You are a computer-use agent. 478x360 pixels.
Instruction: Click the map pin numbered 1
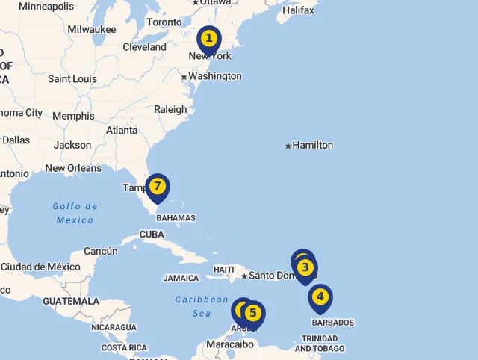tap(209, 39)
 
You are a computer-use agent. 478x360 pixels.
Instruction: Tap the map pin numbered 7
tap(157, 187)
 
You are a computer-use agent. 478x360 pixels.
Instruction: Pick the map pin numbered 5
tap(253, 314)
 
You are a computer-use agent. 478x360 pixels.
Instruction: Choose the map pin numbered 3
tap(304, 267)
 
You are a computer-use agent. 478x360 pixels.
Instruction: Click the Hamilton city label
tap(312, 145)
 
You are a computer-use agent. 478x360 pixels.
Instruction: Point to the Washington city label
tap(214, 76)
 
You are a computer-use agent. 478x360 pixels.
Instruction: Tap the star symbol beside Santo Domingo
tap(244, 276)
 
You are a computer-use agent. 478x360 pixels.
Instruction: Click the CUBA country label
tap(152, 234)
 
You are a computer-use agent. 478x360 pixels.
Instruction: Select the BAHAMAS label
tap(176, 218)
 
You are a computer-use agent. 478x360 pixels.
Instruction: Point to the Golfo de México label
tap(75, 213)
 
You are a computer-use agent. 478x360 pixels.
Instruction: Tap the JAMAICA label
tap(181, 278)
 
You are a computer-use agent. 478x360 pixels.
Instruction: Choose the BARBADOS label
tap(332, 323)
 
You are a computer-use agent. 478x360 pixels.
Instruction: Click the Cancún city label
tap(101, 251)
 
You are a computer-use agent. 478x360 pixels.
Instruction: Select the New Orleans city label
tap(73, 168)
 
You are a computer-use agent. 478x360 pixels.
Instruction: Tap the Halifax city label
tap(298, 10)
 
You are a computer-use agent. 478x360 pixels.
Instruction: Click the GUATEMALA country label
tap(71, 301)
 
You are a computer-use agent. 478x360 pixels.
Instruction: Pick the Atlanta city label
tap(122, 130)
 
